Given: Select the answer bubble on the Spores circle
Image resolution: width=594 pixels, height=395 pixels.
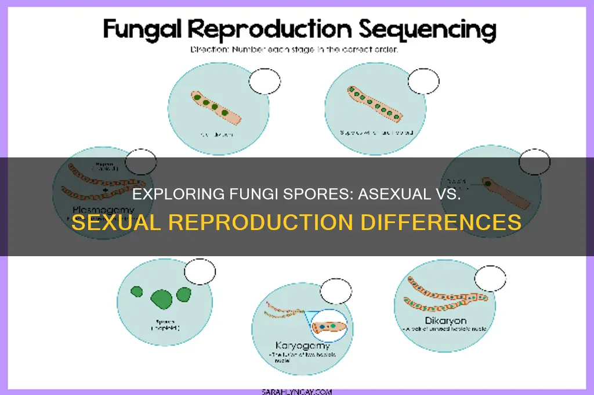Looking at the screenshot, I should [200, 271].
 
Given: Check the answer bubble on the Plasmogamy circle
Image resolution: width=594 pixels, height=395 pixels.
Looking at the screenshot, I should [141, 162].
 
